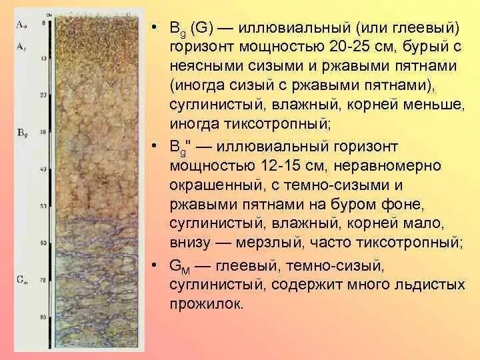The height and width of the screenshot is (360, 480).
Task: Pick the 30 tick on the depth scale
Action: click(x=43, y=131)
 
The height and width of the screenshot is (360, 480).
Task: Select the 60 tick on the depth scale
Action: click(x=43, y=243)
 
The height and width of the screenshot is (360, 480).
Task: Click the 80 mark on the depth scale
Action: click(x=43, y=317)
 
